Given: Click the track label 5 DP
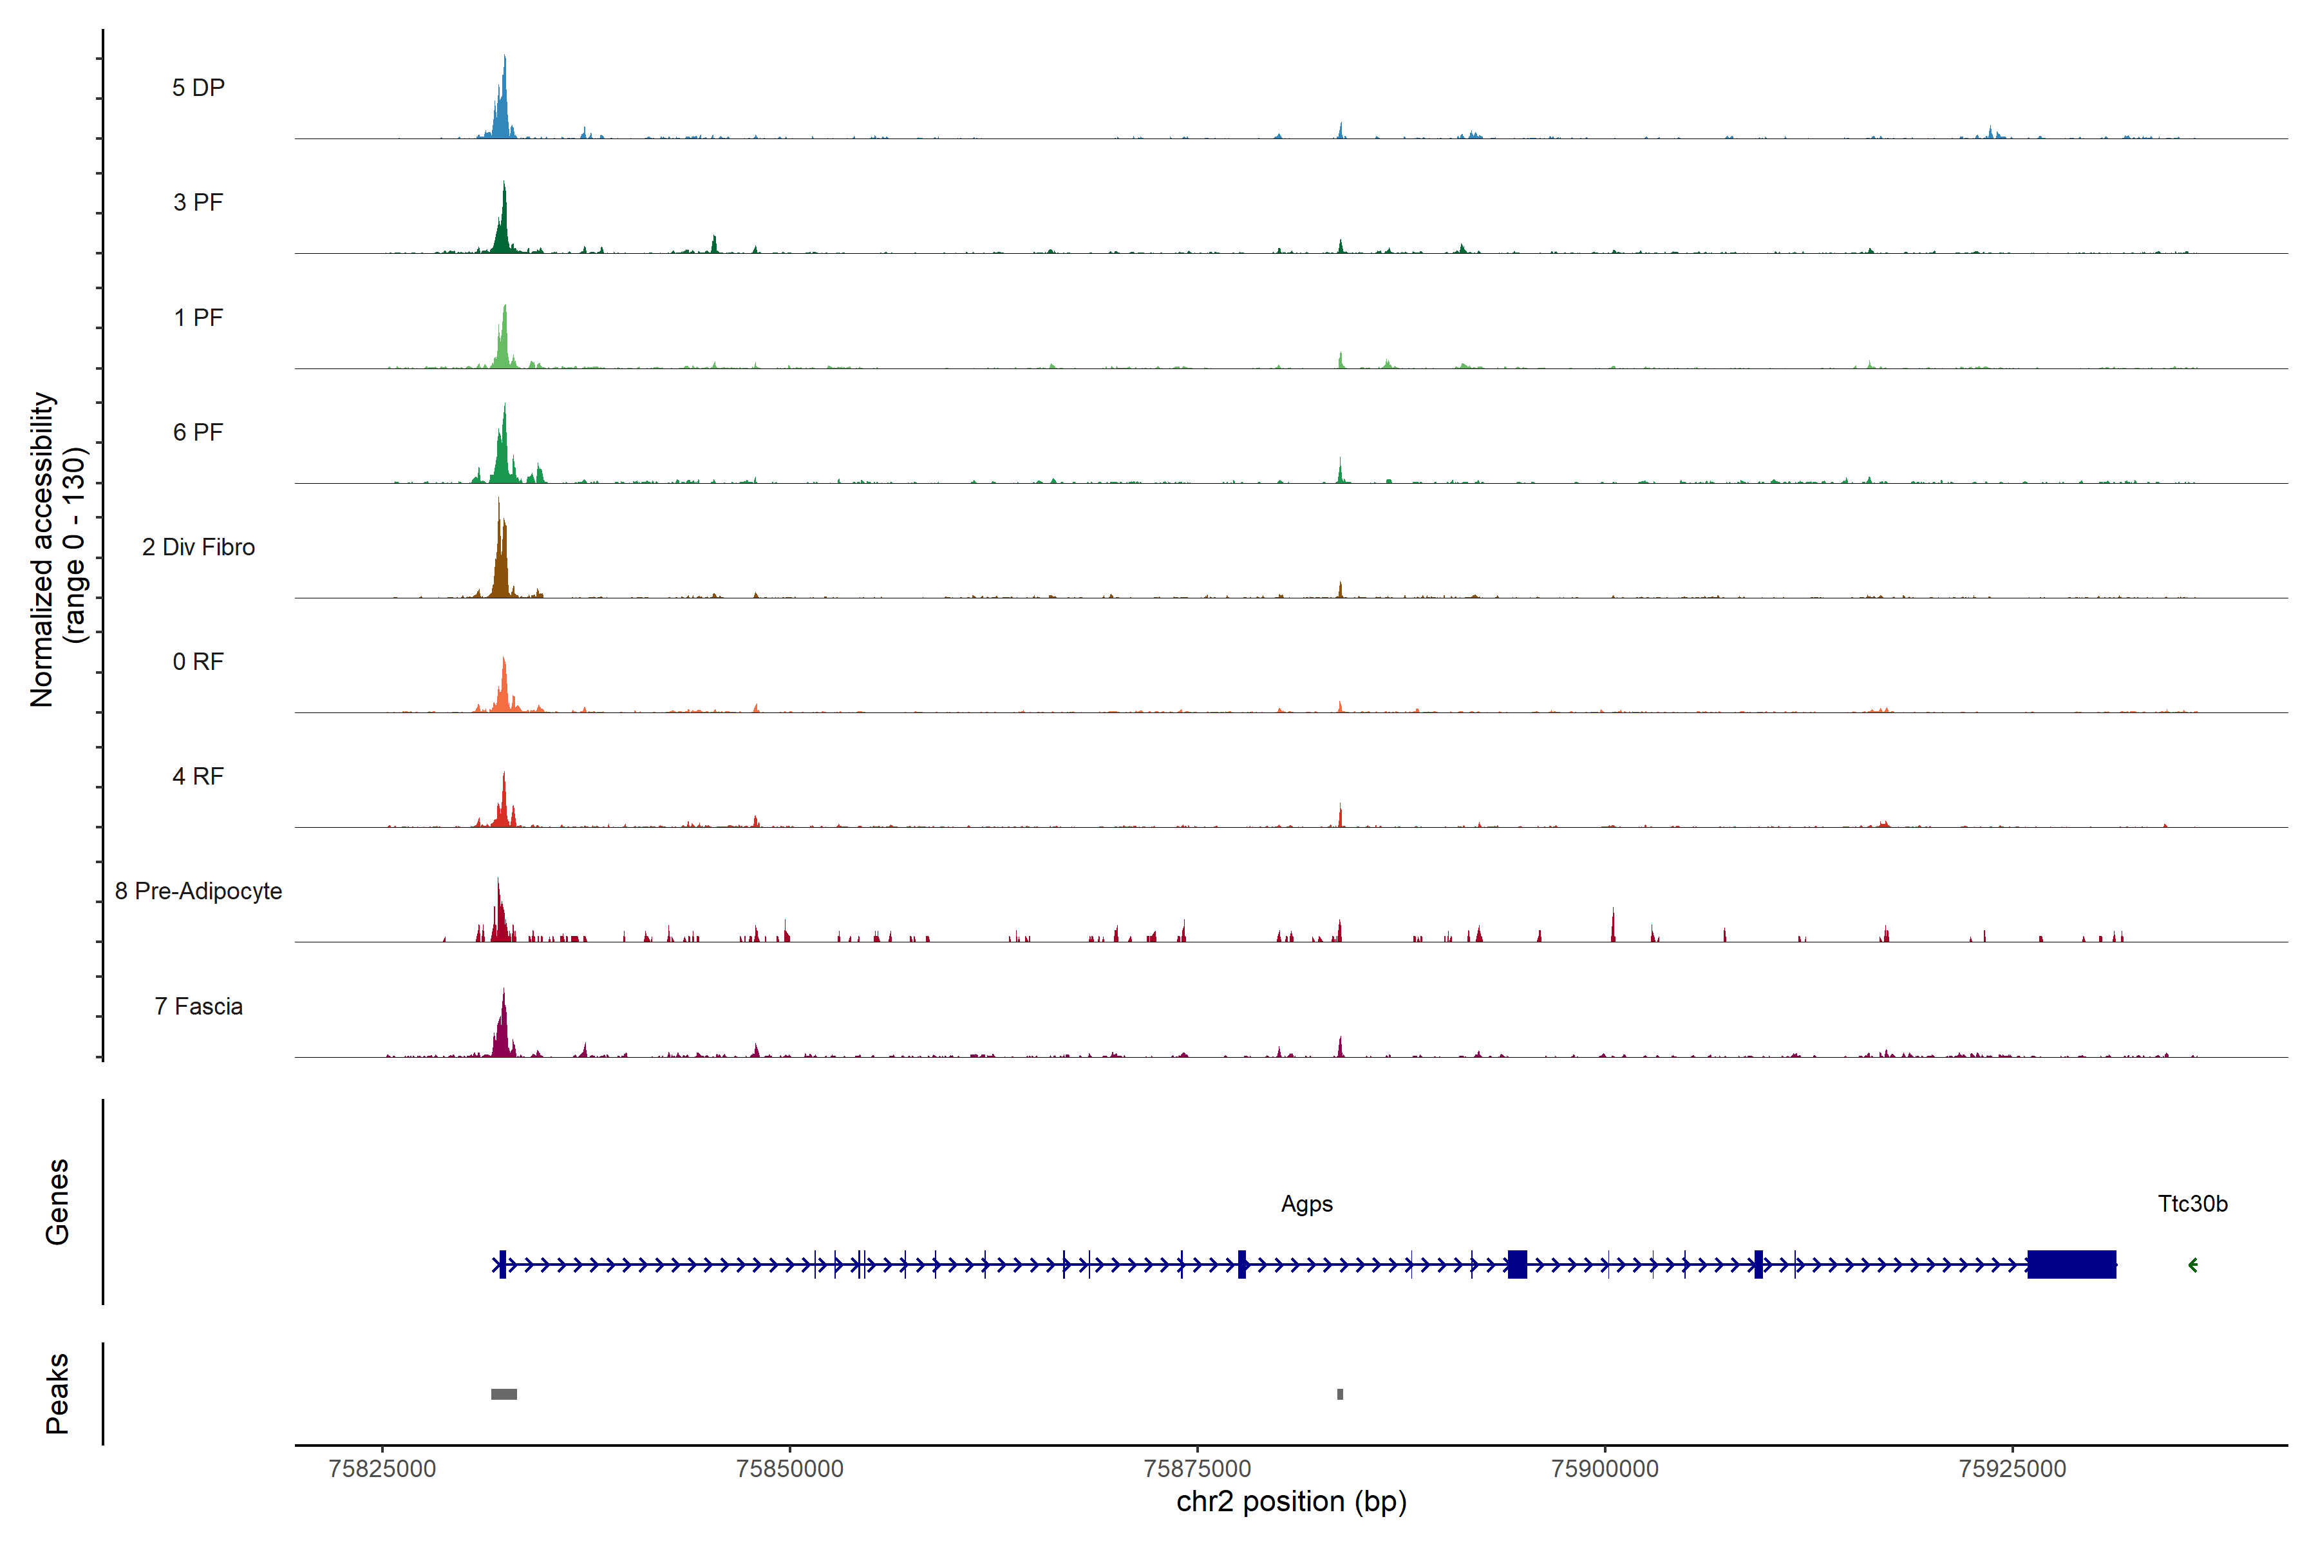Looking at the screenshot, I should [x=198, y=88].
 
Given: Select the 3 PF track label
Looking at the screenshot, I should [x=198, y=202].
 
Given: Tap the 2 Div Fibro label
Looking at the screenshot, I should [x=198, y=547].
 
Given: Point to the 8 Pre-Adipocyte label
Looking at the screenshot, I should [x=198, y=892].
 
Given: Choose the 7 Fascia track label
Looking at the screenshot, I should [x=198, y=1007].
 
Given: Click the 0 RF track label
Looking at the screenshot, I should [x=198, y=662].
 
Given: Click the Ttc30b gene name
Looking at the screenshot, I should [x=2192, y=1204].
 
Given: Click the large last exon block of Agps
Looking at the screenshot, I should [x=2071, y=1265].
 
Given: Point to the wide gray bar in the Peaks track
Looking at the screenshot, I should [x=504, y=1394].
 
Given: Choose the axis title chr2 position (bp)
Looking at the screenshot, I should [x=1291, y=1502].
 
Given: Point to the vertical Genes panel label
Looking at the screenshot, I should [x=57, y=1202].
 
